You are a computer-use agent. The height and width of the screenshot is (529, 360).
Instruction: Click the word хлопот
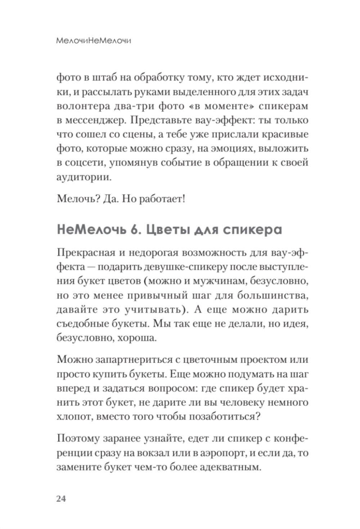tap(74, 417)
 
